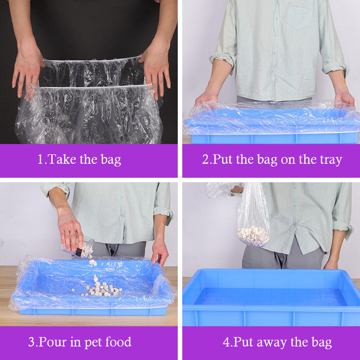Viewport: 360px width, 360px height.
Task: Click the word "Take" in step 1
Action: point(62,159)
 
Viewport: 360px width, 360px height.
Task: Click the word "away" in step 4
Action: point(272,343)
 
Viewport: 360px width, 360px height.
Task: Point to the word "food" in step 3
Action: point(118,342)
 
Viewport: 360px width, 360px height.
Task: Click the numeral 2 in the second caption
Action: point(205,159)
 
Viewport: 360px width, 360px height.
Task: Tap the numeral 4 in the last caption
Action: point(226,342)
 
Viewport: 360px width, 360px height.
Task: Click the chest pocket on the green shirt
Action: point(299,17)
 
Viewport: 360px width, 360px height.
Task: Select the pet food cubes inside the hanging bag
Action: point(253,236)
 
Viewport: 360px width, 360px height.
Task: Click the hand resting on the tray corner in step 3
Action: point(160,252)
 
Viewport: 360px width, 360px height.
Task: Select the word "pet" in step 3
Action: point(94,342)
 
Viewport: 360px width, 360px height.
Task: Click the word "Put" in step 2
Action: point(222,159)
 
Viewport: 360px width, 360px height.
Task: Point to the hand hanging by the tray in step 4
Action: point(331,264)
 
